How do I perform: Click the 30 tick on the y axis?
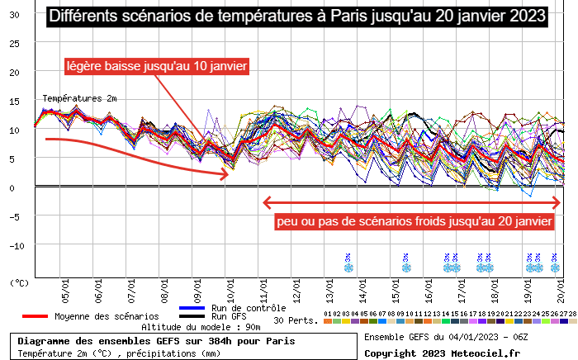14,15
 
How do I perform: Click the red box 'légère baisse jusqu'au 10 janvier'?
156,66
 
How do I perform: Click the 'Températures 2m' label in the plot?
79,98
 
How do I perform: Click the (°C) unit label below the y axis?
18,282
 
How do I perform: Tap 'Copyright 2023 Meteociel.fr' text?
443,353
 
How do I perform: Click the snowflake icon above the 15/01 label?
405,267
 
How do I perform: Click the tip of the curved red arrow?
229,174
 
